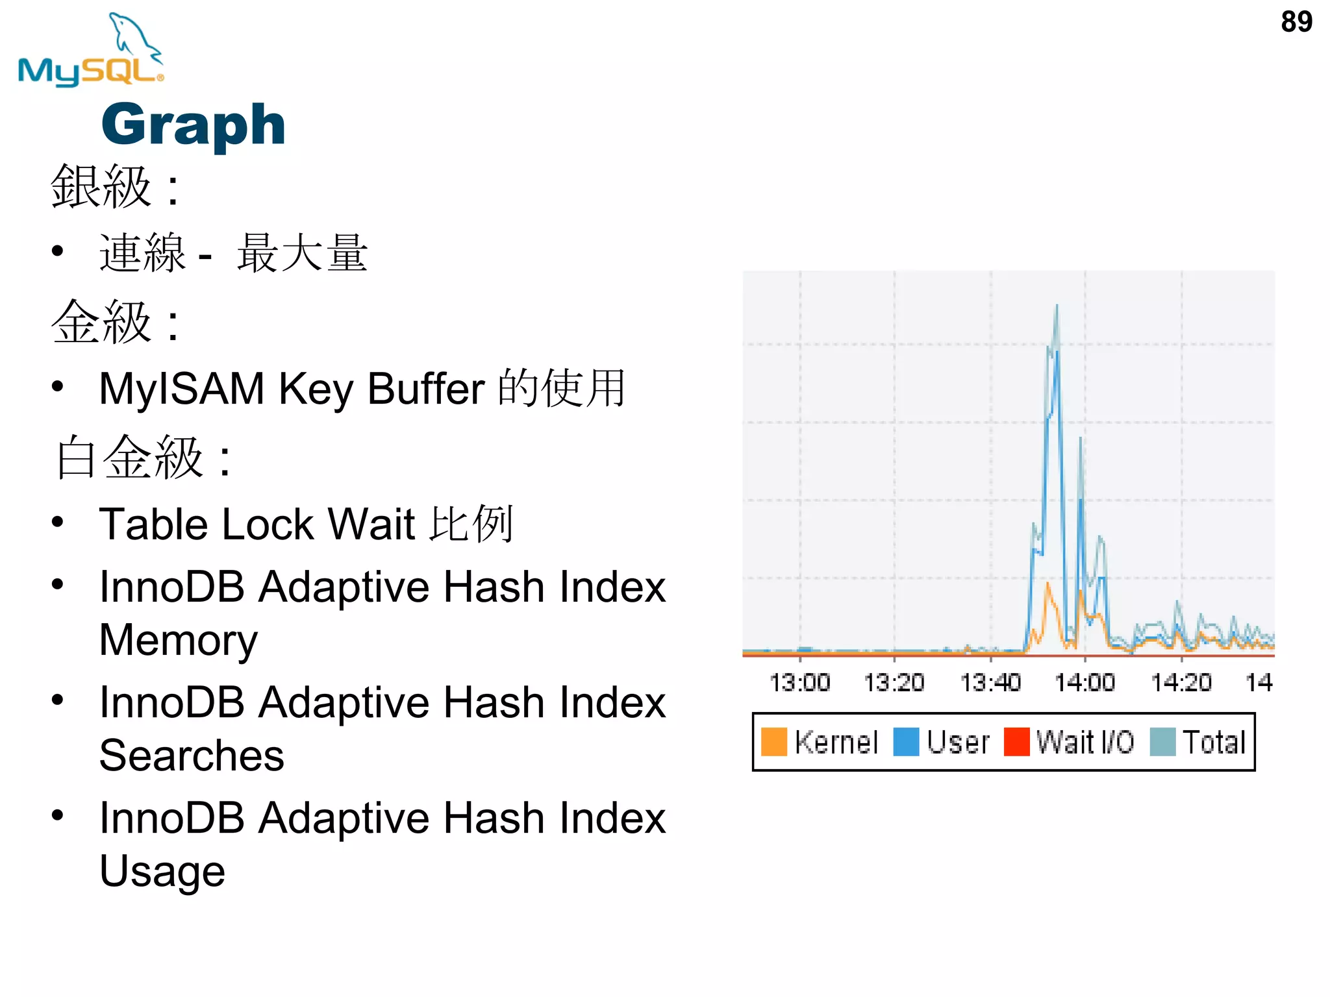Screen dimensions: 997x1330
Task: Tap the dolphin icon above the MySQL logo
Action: click(134, 36)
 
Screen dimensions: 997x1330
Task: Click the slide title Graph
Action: click(194, 125)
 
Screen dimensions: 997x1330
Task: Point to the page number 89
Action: click(1296, 22)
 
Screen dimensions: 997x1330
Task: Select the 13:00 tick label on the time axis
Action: click(799, 683)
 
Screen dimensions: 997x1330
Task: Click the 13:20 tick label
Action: click(894, 683)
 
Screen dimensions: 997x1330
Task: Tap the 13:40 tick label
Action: click(990, 683)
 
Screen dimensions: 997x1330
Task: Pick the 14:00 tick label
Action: click(1085, 683)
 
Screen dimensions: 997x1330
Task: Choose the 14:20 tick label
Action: click(1181, 683)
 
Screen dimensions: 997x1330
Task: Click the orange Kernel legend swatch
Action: click(773, 742)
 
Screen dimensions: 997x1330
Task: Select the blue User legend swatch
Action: click(906, 742)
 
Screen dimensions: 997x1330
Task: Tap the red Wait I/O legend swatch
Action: click(1016, 742)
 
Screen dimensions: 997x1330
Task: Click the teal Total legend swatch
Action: click(1162, 742)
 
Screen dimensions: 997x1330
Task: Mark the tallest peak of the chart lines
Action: click(1057, 306)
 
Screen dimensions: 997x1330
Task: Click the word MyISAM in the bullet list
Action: click(182, 389)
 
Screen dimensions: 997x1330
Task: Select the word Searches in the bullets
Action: click(192, 756)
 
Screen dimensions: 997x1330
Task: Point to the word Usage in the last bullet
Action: click(162, 871)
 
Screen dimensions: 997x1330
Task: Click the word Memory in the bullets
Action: click(179, 640)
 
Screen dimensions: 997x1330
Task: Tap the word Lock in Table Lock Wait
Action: click(268, 524)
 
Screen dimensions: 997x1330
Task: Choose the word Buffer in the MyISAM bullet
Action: click(426, 389)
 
